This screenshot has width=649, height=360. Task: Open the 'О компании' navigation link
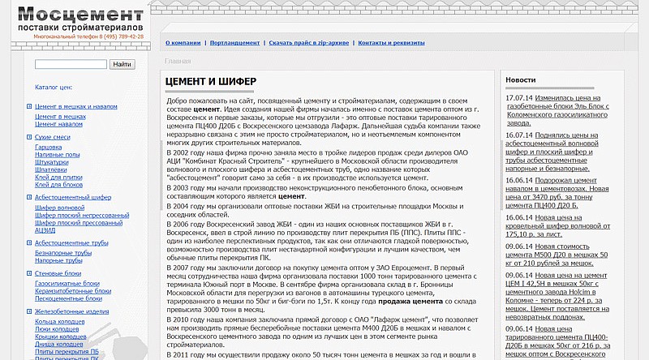(183, 42)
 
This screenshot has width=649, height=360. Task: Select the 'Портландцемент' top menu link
(234, 42)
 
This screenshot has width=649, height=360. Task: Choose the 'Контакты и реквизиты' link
(391, 42)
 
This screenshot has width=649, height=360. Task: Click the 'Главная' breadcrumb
(178, 61)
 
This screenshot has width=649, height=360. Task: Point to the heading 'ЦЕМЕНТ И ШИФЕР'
(211, 82)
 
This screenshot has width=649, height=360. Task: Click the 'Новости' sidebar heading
(521, 80)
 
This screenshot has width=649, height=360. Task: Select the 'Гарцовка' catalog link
(49, 148)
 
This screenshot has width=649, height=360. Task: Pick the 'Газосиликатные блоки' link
(68, 284)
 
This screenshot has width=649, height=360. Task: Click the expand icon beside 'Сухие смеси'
(29, 138)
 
